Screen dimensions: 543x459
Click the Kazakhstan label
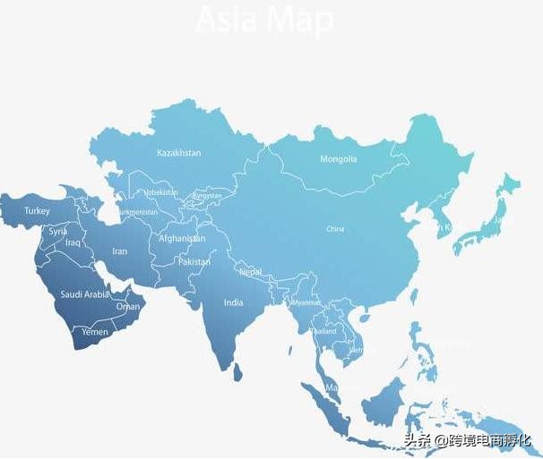point(178,153)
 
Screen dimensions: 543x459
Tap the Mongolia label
point(339,159)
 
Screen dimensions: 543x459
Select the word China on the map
point(335,229)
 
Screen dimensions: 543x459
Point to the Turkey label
point(37,211)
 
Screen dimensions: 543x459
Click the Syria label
point(58,231)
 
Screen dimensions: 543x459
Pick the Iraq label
point(73,242)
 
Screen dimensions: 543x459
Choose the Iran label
point(119,251)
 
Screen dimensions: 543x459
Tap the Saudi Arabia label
point(84,294)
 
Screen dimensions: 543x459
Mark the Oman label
point(128,306)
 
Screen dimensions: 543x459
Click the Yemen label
point(95,332)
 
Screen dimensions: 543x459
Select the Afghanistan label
point(182,239)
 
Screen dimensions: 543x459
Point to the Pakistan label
point(194,262)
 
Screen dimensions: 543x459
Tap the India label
point(233,302)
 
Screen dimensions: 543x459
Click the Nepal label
point(251,271)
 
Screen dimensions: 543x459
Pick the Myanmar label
point(306,302)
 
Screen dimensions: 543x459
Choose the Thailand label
point(323,331)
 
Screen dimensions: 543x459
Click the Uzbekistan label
point(161,192)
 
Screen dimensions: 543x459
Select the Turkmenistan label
point(137,212)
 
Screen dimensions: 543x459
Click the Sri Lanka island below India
point(238,370)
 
